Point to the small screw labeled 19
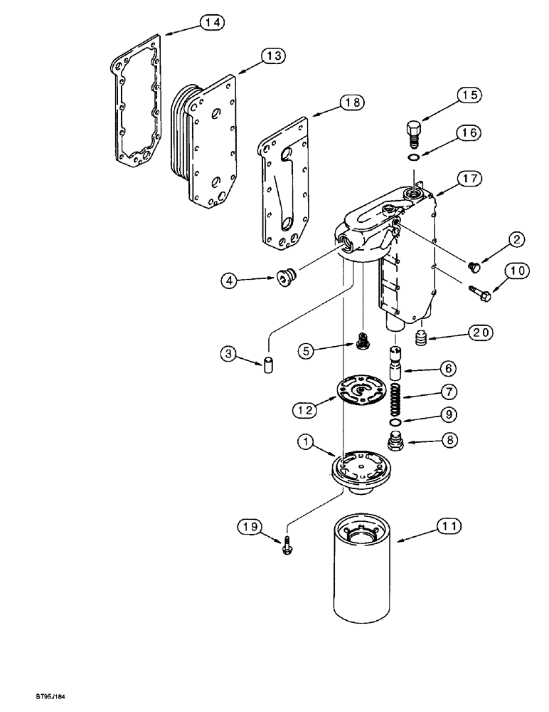pyautogui.click(x=287, y=550)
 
